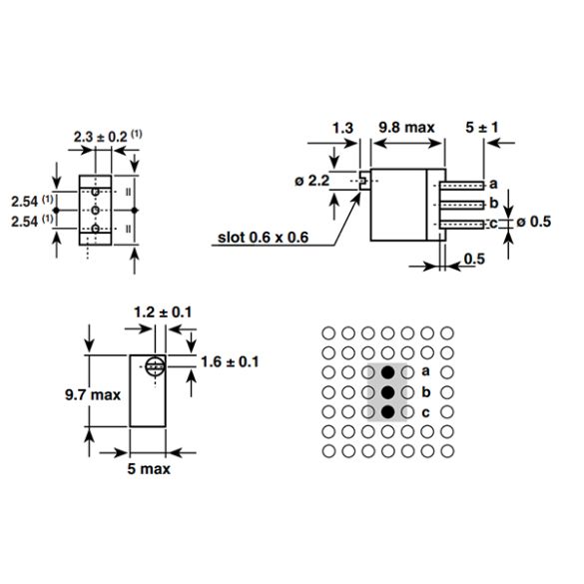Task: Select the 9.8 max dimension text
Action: pyautogui.click(x=406, y=128)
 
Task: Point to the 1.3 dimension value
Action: pyautogui.click(x=342, y=128)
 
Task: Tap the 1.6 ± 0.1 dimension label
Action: pyautogui.click(x=231, y=361)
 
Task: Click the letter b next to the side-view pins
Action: pyautogui.click(x=492, y=204)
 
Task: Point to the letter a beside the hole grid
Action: pyautogui.click(x=426, y=371)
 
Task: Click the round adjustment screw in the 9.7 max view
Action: pyautogui.click(x=155, y=366)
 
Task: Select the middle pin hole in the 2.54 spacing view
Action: pyautogui.click(x=95, y=212)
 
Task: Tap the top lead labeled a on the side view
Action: pyautogui.click(x=464, y=185)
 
